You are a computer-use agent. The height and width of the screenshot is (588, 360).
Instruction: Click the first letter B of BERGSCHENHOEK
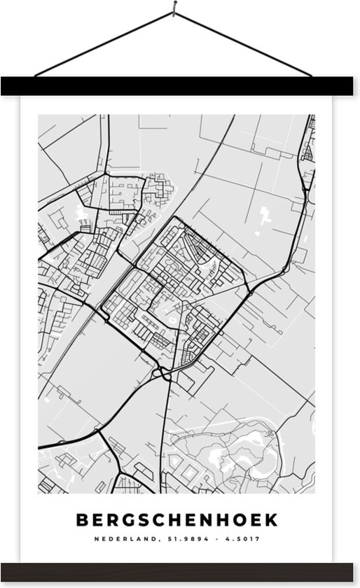[78, 520]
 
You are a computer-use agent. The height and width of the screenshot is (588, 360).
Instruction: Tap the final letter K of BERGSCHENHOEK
[271, 520]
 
